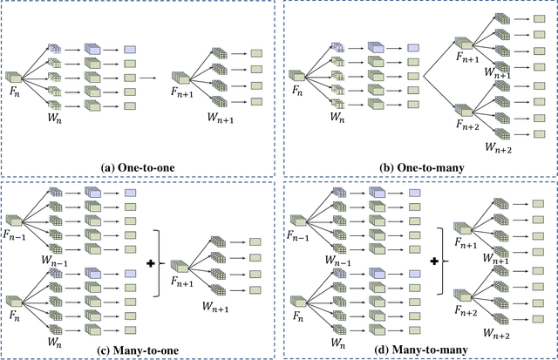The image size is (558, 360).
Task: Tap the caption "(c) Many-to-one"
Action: coord(139,350)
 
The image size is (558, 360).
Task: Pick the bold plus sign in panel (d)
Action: coord(436,262)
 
